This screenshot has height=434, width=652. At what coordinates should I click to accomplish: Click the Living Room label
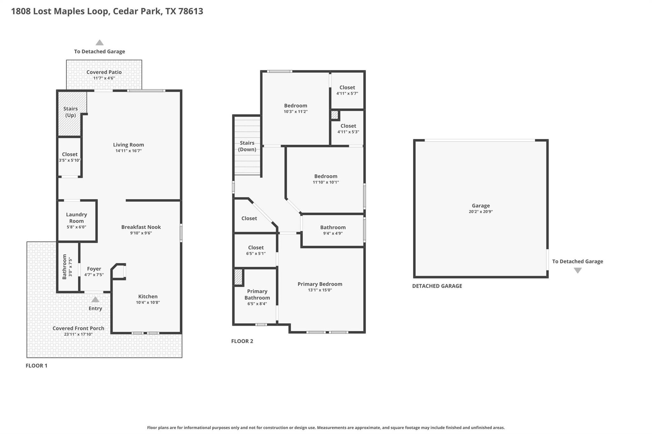pos(128,145)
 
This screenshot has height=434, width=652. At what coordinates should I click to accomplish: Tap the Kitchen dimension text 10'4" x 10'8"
pos(148,302)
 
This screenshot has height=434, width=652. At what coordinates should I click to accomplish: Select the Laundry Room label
pos(76,217)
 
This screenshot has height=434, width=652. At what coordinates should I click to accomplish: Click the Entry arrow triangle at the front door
pos(95,300)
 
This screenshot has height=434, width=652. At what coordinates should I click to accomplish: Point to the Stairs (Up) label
pos(70,112)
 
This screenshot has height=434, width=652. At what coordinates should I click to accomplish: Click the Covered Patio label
pos(104,72)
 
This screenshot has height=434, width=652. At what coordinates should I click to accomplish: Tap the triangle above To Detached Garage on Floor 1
pos(100,43)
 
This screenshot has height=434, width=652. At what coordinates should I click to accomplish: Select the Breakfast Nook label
pos(141,227)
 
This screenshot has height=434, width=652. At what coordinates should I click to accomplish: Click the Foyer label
pos(94,269)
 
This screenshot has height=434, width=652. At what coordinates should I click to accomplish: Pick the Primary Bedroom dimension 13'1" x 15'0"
pos(320,290)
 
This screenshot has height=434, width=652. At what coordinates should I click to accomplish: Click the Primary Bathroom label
pos(257,294)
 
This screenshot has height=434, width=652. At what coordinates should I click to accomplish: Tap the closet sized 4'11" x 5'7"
pos(347,90)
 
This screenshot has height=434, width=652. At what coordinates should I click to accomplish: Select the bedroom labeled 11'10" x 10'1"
pos(326,179)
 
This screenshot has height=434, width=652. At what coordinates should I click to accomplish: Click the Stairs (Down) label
pos(247,146)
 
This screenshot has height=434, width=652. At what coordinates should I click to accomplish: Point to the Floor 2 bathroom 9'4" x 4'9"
pos(333,230)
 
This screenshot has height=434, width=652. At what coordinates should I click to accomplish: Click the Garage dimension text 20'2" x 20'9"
pos(480,211)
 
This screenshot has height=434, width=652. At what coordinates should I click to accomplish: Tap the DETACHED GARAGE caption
pos(437,286)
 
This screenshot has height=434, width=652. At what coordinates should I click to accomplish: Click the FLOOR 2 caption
pos(242,341)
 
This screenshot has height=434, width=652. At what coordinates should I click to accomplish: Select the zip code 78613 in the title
pos(190,11)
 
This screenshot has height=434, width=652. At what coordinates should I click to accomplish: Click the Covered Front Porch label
pos(78,328)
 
